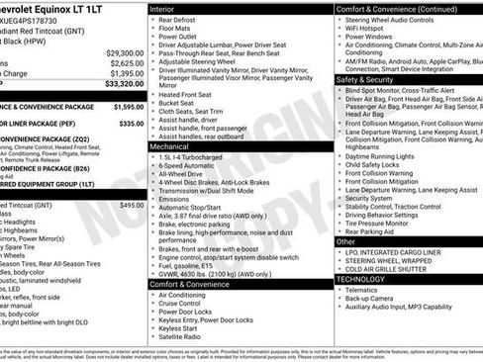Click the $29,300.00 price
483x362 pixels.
coord(125,52)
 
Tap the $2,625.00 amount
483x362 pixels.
coord(127,62)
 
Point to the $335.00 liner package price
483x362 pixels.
coord(131,124)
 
